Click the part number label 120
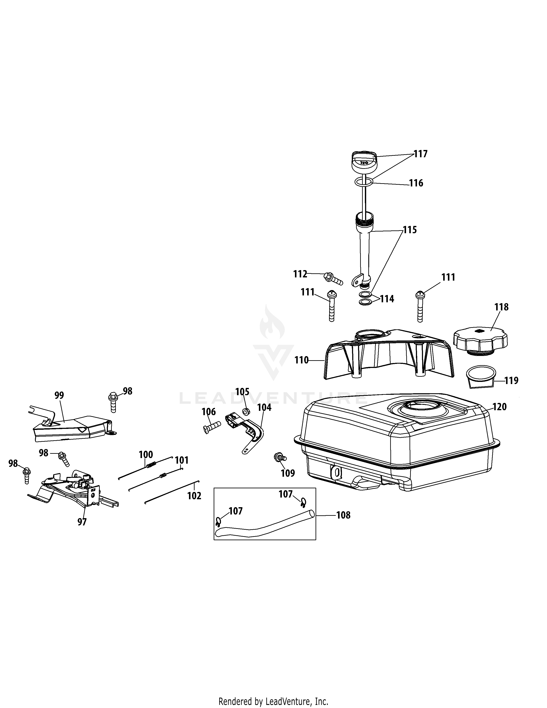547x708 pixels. pos(499,407)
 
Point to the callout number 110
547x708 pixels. pos(301,360)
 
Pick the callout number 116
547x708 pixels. pos(416,183)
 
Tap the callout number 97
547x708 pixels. pos(82,522)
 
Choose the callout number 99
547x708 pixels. pos(59,395)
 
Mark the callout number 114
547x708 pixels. pos(387,299)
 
